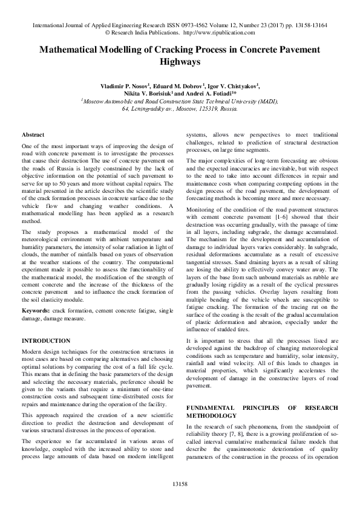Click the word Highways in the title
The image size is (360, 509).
pyautogui.click(x=180, y=62)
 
